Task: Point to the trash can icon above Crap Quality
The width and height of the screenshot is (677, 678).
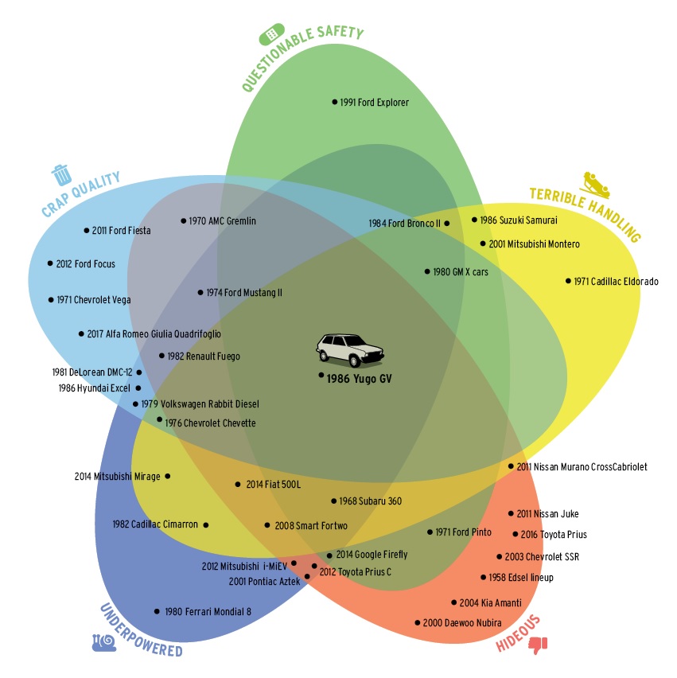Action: (60, 173)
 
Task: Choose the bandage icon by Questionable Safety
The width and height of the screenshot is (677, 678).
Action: (272, 36)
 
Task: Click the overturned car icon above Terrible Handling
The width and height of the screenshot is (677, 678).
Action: (596, 185)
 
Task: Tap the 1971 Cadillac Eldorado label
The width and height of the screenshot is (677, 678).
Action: (617, 281)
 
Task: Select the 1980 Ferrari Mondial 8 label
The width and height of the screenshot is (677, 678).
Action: (208, 612)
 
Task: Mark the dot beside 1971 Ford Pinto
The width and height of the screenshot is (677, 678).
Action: (430, 532)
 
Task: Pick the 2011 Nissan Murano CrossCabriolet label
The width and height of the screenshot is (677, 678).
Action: (582, 467)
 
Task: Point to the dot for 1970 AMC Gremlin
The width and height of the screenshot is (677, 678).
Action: (183, 220)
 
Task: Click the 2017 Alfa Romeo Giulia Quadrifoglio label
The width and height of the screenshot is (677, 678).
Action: (164, 334)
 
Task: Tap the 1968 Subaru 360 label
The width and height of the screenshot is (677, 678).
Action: (371, 501)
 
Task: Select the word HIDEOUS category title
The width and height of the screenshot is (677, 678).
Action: (519, 633)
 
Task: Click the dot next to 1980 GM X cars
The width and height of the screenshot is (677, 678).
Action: (427, 271)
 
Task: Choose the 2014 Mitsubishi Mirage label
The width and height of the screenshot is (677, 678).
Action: (117, 477)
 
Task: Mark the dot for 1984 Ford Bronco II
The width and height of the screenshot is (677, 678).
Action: (447, 224)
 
